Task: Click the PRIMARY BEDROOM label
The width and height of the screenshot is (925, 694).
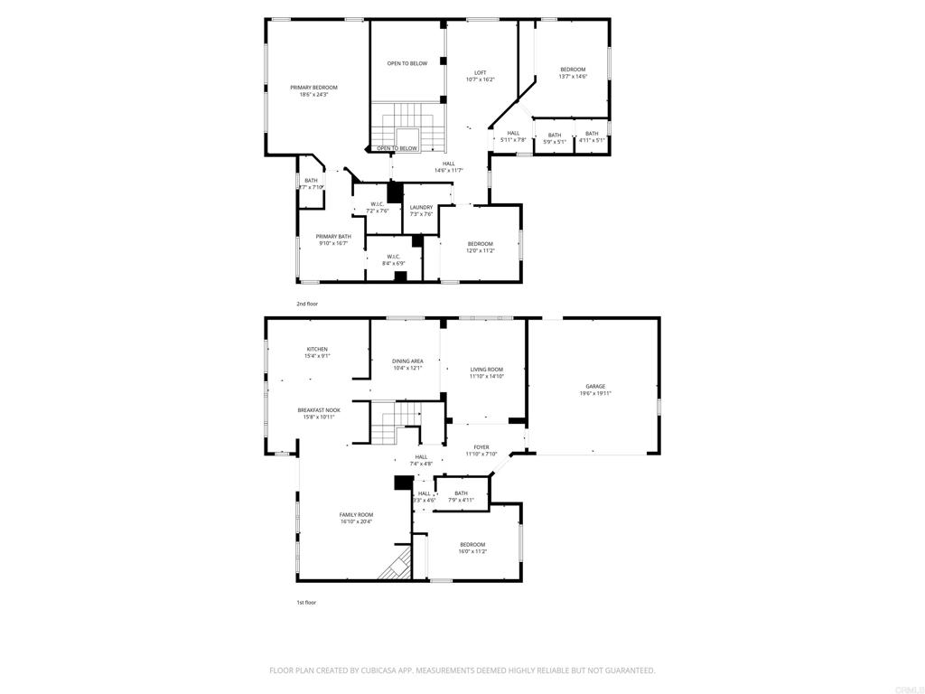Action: click(x=313, y=88)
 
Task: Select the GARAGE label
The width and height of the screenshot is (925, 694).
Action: click(x=594, y=386)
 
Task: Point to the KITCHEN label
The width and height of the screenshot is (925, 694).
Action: click(x=316, y=349)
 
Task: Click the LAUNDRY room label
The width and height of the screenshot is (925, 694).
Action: click(x=421, y=207)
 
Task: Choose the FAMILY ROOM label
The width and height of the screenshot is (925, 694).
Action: click(x=356, y=514)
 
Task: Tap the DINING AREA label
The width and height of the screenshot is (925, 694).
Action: click(x=407, y=361)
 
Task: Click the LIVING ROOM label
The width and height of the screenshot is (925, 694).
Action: click(x=486, y=369)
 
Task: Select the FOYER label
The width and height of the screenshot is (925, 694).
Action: click(x=481, y=447)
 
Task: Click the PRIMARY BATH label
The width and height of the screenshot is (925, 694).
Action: click(x=333, y=237)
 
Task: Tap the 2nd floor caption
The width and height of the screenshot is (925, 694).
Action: click(x=307, y=304)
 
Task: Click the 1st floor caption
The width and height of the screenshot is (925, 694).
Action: click(x=306, y=602)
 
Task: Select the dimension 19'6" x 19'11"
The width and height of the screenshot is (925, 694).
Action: click(x=595, y=393)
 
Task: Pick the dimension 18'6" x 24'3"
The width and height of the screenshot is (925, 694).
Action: click(x=313, y=95)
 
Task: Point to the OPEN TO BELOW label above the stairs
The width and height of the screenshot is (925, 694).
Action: click(x=407, y=63)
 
